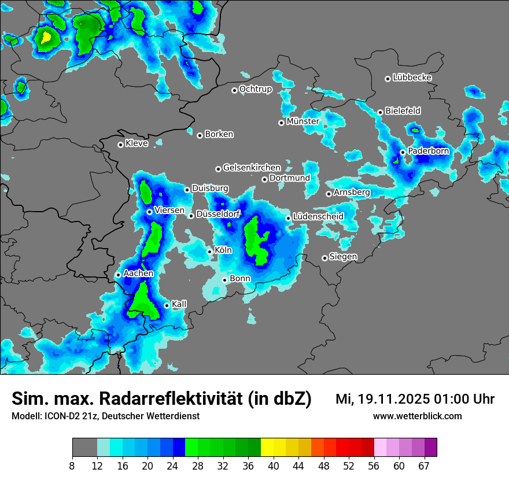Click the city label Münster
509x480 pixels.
tap(303, 121)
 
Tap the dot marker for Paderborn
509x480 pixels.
tap(403, 152)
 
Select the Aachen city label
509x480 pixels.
tap(138, 274)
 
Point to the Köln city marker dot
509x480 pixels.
tap(210, 252)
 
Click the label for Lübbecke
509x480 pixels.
tap(412, 77)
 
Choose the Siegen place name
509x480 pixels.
tap(343, 257)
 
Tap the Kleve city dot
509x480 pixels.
tap(120, 145)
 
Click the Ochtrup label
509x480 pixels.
tap(255, 89)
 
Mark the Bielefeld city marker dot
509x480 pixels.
tap(380, 112)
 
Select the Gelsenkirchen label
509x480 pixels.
tap(252, 168)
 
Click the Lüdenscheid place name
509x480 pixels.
tap(318, 217)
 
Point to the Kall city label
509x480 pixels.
tap(179, 304)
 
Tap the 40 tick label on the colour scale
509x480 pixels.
tap(274, 466)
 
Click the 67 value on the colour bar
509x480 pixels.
tap(425, 466)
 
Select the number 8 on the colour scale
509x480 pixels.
tap(72, 466)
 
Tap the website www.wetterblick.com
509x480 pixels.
tap(417, 416)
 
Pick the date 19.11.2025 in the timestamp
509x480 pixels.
tap(391, 399)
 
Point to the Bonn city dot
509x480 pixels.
tap(224, 280)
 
